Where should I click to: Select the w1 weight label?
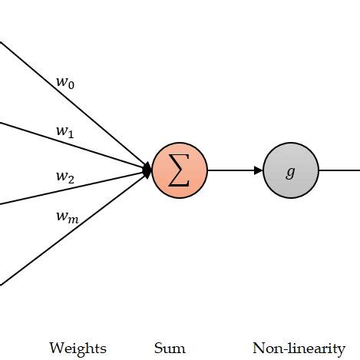pos(64,131)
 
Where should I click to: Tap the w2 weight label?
pos(65,177)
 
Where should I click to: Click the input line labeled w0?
pos(46,81)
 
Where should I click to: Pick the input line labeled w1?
pos(46,135)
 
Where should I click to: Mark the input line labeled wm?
pos(46,250)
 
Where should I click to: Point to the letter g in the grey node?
pos(290,171)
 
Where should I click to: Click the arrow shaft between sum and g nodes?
pos(230,170)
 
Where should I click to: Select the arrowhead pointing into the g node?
pos(259,170)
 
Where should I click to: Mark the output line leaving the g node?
pos(339,170)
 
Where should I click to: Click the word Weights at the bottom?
pos(78,348)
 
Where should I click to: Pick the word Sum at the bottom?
pos(170,348)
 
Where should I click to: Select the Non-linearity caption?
pos(299,348)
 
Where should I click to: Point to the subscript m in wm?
pos(74,220)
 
